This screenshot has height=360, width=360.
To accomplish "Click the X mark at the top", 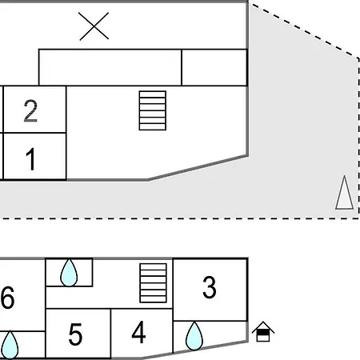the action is click(94, 26).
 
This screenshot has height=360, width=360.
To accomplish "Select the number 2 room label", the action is click(30, 111).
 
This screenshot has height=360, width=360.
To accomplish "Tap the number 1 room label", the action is click(31, 159).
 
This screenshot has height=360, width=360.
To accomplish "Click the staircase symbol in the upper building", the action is click(153, 110).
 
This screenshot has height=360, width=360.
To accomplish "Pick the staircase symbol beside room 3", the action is click(153, 283).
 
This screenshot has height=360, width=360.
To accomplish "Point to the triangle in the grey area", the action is click(345, 193).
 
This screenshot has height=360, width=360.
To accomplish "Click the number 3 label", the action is click(210, 287).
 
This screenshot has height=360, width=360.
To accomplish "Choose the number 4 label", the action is click(138, 332).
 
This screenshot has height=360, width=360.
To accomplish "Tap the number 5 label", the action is click(75, 334).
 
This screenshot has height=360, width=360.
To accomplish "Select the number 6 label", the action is click(7, 298).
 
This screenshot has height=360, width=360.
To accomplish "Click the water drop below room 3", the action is click(194, 336).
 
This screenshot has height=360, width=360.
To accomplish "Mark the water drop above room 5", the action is click(69, 273).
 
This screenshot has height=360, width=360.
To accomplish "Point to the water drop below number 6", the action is click(10, 345).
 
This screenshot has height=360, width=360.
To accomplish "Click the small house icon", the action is click(263, 331).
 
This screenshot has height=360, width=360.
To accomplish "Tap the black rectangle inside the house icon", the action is click(263, 333).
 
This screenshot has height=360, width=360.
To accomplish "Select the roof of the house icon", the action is click(263, 326).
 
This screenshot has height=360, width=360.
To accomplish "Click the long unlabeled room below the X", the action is click(110, 67).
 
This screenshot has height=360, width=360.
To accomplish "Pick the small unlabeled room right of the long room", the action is click(214, 67).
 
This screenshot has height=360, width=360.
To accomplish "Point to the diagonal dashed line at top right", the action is click(303, 30).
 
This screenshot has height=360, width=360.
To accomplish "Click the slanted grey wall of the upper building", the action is click(198, 168).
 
